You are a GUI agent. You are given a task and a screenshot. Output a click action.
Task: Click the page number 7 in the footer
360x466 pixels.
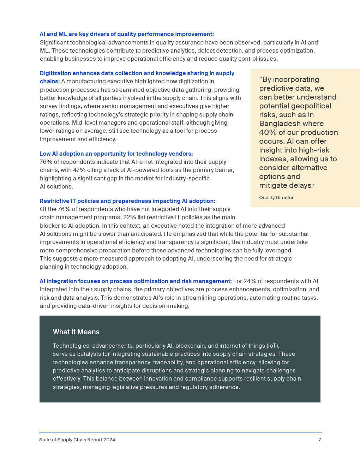click(x=320, y=440)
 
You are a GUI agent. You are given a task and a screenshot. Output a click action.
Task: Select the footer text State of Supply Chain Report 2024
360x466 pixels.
click(x=77, y=440)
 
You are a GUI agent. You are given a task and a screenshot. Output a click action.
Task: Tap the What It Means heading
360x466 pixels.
click(x=76, y=332)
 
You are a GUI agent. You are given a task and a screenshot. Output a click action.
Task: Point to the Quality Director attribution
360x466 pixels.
click(x=276, y=198)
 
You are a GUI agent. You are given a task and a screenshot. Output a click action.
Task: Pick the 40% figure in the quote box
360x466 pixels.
click(x=268, y=132)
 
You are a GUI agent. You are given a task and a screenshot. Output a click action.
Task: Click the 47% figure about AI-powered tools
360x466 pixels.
click(x=79, y=170)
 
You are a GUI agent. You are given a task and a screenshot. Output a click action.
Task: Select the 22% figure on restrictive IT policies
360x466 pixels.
click(x=130, y=217)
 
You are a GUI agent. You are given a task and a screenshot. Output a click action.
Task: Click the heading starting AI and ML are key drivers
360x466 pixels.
click(x=126, y=34)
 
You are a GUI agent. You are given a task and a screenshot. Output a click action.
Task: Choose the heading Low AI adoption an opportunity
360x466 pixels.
click(x=116, y=154)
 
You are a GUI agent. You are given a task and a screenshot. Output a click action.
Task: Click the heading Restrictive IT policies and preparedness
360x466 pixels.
click(x=127, y=201)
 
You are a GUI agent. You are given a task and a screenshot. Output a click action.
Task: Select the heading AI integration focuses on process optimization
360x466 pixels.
click(x=136, y=281)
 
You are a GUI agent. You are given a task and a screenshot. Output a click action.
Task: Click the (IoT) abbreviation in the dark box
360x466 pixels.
click(x=272, y=346)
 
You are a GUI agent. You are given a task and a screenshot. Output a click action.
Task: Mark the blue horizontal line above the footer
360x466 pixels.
click(x=180, y=432)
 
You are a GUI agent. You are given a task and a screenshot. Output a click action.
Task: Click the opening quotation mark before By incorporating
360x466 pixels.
click(x=261, y=79)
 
